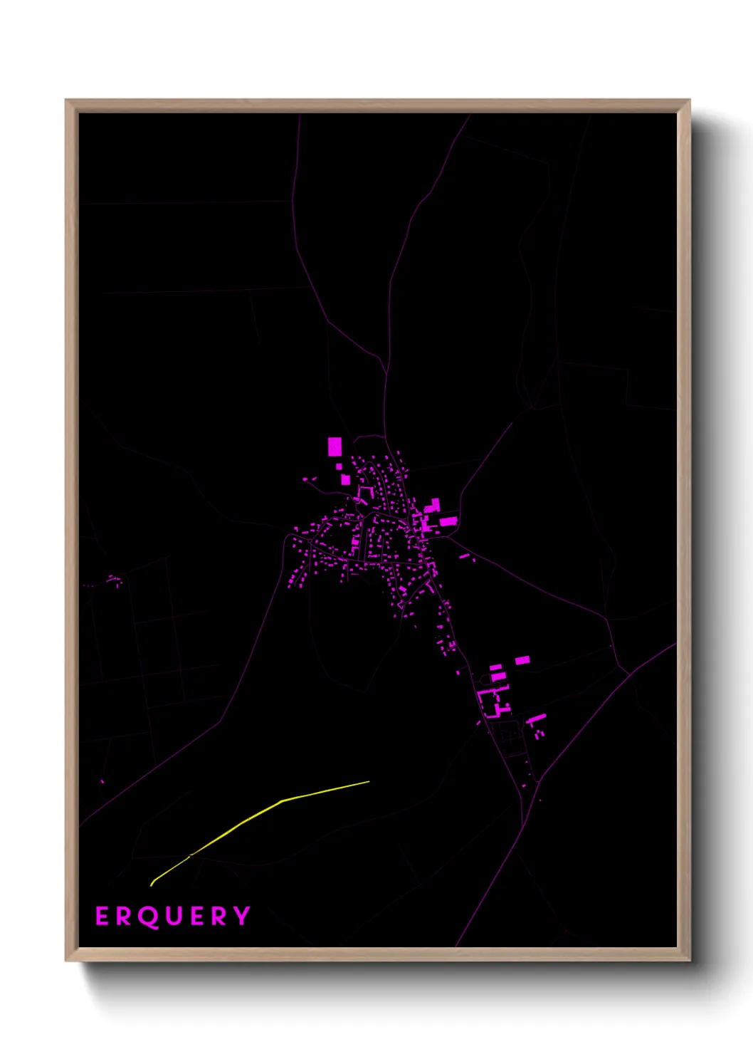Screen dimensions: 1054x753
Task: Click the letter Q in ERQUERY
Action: [x=147, y=917]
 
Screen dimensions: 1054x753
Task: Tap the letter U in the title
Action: [x=174, y=917]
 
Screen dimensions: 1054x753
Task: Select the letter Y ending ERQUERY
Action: [x=243, y=916]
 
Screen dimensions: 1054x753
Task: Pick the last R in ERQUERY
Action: [x=221, y=917]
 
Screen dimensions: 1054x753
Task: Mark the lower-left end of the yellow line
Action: [x=152, y=885]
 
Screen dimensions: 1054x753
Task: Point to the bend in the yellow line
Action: [x=282, y=801]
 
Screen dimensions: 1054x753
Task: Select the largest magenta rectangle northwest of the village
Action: [x=335, y=447]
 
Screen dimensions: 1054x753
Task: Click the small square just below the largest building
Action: [x=339, y=466]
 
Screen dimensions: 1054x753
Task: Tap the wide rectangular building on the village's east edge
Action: [x=448, y=521]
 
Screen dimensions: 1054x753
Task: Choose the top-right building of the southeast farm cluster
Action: [x=522, y=660]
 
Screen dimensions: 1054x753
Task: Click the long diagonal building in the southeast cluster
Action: [x=537, y=718]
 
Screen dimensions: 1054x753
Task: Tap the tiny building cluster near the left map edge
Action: [x=114, y=580]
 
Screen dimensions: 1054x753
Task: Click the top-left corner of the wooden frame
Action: [x=67, y=101]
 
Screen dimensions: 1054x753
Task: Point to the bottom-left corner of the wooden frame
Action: [x=67, y=959]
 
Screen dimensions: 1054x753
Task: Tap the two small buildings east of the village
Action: [x=467, y=557]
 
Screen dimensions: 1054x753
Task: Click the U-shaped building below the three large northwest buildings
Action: [x=365, y=491]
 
